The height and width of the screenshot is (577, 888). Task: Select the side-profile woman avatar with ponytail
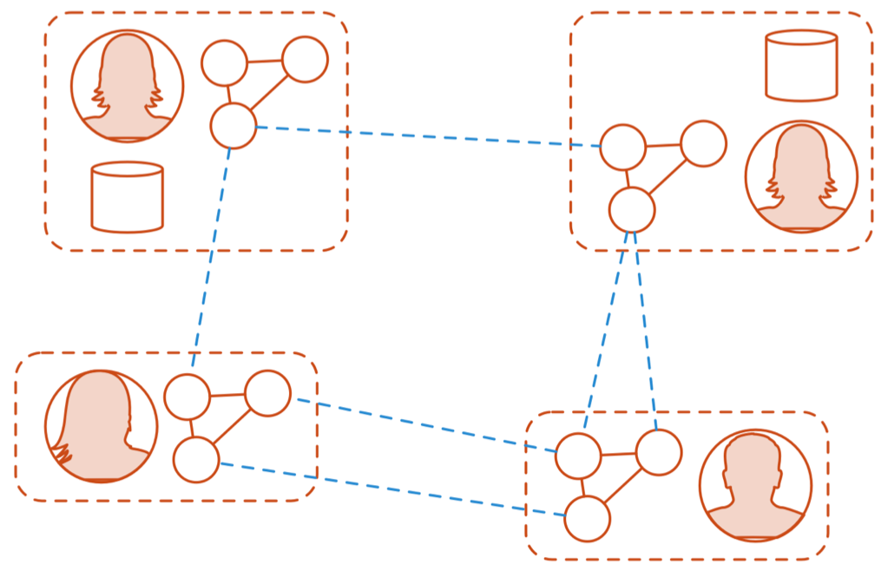101,426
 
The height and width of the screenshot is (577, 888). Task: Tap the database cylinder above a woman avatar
801,65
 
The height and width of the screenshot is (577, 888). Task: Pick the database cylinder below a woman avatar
128,197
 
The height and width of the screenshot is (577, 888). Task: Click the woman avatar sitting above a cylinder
128,86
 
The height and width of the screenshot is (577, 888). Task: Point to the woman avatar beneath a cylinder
801,177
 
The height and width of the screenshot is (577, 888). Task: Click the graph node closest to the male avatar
659,452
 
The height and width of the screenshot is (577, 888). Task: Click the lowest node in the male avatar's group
587,518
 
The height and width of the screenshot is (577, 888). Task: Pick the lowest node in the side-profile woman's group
196,460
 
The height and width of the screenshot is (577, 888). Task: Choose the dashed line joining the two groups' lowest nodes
391,489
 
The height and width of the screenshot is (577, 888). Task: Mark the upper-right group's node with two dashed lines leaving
632,209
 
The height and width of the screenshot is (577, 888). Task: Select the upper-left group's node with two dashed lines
234,125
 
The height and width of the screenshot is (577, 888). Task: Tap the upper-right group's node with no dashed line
703,143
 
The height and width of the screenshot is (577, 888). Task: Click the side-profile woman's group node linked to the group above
187,397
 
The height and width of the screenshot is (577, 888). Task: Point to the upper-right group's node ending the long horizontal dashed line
623,147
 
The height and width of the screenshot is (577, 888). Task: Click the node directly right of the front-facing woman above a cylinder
225,63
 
